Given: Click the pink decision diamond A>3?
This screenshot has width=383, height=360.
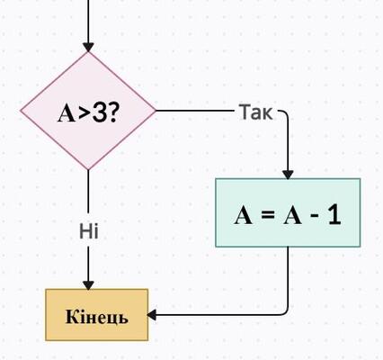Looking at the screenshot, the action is (x=88, y=111).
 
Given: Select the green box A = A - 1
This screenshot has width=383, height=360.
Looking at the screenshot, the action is (x=288, y=212).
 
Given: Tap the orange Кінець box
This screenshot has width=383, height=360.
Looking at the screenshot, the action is (x=97, y=315).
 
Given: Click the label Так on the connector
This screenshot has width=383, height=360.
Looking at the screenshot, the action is (x=256, y=112).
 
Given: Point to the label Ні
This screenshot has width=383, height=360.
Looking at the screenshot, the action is (x=89, y=231).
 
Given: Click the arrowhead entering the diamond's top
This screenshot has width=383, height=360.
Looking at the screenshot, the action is (x=88, y=47).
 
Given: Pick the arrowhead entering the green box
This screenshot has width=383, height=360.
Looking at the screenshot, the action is (x=288, y=175).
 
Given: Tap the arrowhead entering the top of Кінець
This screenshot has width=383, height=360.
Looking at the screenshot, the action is (x=88, y=285).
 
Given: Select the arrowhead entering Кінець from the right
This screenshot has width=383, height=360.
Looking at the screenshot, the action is (x=152, y=315).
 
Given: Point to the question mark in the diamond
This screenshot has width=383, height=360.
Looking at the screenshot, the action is (x=111, y=113).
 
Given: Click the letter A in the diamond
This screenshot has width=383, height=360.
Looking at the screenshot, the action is (x=67, y=114).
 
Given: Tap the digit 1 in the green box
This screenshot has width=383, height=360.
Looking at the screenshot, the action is (x=334, y=215).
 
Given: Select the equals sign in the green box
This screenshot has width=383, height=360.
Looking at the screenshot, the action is (x=268, y=215).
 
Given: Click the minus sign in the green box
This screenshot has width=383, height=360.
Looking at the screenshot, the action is (x=315, y=215).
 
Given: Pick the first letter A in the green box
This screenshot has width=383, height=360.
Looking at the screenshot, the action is (x=243, y=215).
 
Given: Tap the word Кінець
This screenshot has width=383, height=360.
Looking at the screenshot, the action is (x=97, y=317).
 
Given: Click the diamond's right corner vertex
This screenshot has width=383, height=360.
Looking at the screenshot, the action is (x=156, y=111).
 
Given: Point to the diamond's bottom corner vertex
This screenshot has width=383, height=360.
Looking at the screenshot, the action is (x=88, y=170).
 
